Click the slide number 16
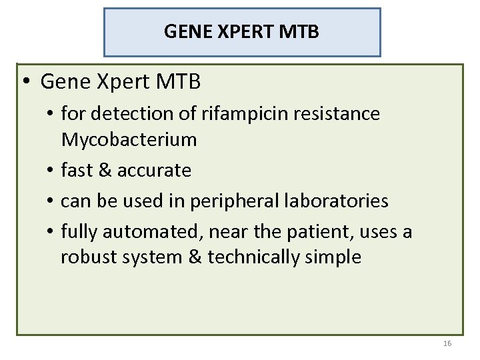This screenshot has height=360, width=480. coord(447,344)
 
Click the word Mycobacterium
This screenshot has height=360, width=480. coord(129,140)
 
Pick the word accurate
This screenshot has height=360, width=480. coord(154,171)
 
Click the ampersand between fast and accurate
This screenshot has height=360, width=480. coord(105,171)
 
